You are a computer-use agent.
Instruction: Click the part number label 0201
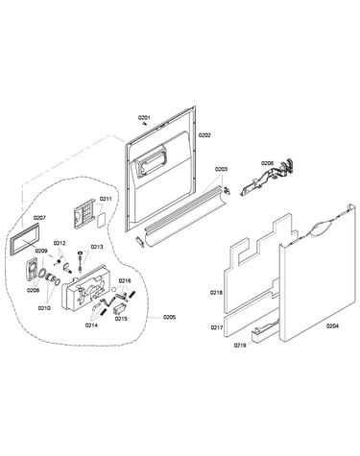144,118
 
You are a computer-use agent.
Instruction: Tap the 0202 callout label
204,135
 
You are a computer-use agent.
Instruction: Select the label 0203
221,169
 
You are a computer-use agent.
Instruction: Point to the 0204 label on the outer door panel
332,326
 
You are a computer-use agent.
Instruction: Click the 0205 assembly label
169,317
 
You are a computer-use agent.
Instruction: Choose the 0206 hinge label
267,163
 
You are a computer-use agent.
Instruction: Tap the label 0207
39,218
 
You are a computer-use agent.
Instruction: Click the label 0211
106,199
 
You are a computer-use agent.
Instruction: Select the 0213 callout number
97,247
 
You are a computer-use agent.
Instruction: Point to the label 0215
121,319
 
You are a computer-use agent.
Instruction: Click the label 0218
216,293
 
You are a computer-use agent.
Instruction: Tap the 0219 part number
240,345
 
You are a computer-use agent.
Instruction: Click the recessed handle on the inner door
151,162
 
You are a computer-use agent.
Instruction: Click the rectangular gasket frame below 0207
25,238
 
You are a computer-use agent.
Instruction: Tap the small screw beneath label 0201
145,124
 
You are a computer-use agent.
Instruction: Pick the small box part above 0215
120,309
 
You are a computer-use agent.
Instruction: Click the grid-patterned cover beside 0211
84,213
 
